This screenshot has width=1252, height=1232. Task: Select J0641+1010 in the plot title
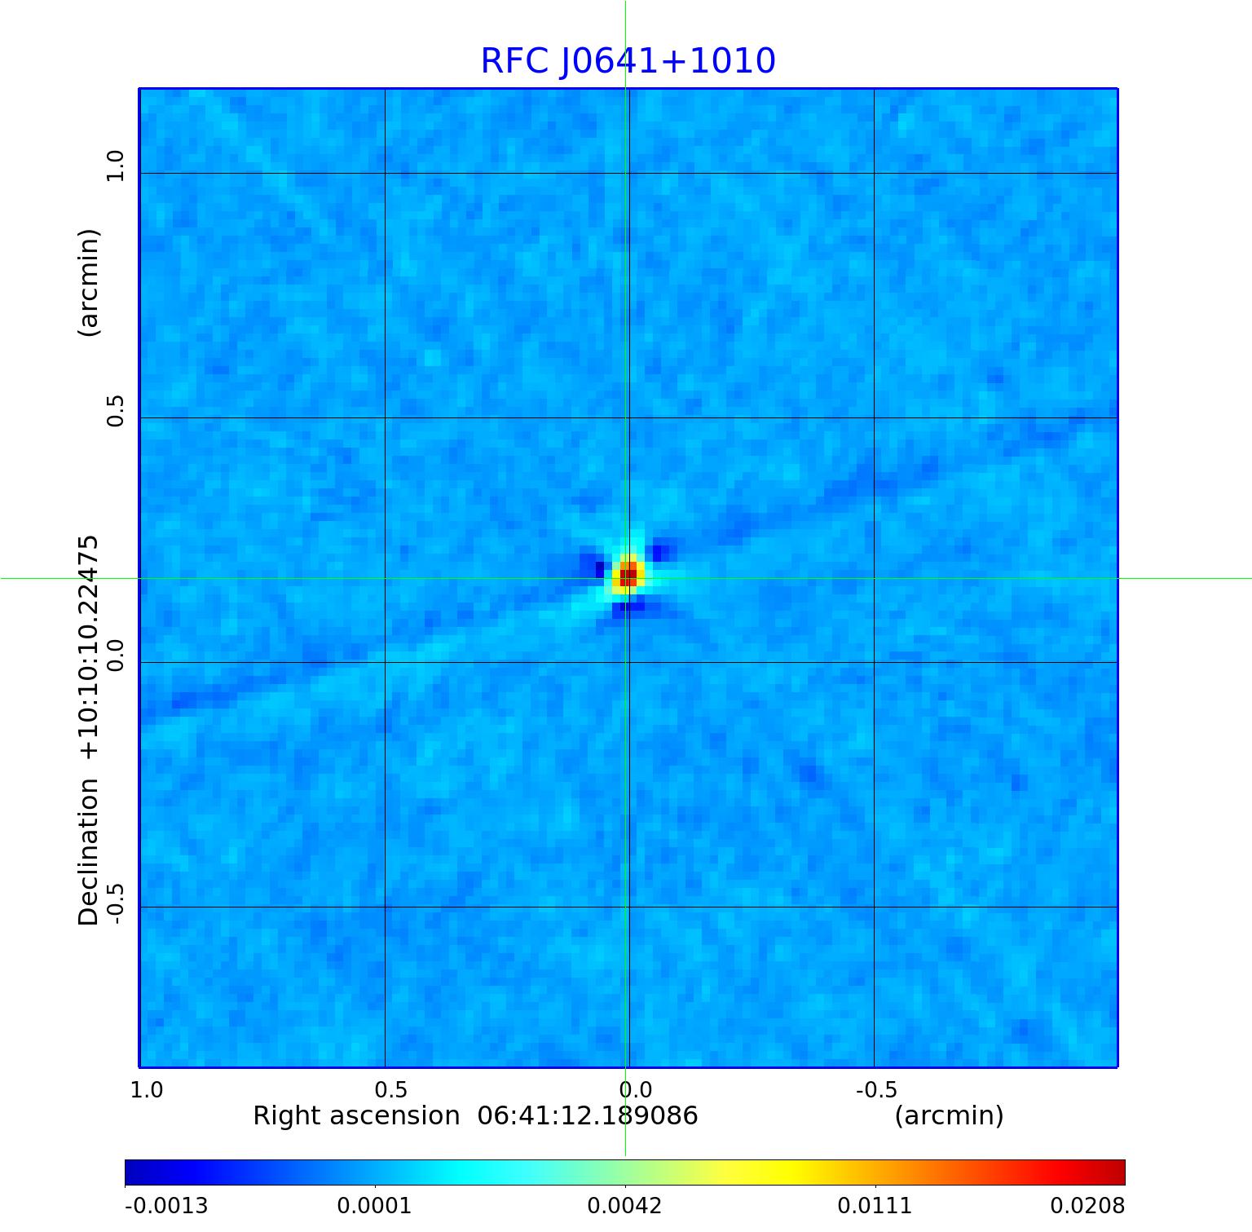pyautogui.click(x=667, y=61)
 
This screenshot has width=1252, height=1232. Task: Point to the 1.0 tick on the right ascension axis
pyautogui.click(x=147, y=1090)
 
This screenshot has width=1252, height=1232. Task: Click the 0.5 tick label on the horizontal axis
pyautogui.click(x=391, y=1090)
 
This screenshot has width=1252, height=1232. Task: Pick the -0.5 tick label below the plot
pyautogui.click(x=876, y=1090)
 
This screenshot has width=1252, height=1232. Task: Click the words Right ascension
pyautogui.click(x=356, y=1115)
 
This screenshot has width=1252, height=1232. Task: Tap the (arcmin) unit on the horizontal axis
pyautogui.click(x=949, y=1115)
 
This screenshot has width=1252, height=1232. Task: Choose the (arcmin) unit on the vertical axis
pyautogui.click(x=89, y=282)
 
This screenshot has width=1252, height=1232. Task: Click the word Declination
pyautogui.click(x=89, y=851)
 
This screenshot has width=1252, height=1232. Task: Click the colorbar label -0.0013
pyautogui.click(x=166, y=1206)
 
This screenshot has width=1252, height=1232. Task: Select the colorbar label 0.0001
pyautogui.click(x=374, y=1206)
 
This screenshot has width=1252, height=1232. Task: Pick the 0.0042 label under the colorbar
pyautogui.click(x=624, y=1206)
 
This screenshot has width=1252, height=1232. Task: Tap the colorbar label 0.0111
pyautogui.click(x=875, y=1206)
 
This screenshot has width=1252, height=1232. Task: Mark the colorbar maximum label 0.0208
pyautogui.click(x=1087, y=1206)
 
